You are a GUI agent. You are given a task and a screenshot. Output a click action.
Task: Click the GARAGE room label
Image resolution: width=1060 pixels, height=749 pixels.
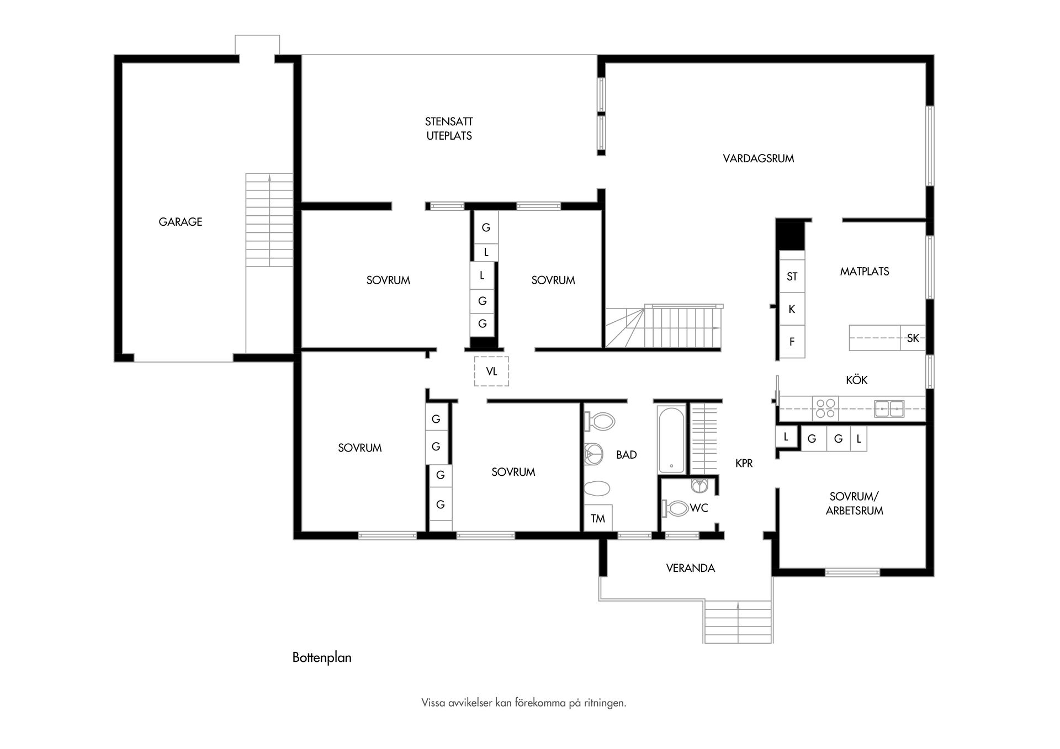[x=180, y=222]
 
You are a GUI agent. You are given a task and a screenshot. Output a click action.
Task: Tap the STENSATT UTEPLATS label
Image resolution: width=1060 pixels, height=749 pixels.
[x=449, y=129]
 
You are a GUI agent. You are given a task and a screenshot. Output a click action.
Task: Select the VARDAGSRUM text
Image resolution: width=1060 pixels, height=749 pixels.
[x=758, y=159]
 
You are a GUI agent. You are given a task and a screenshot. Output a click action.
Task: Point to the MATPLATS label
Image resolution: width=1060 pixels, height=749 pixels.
[x=864, y=272]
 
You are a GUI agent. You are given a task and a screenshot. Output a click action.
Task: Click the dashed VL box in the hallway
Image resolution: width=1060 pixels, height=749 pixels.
[x=491, y=371]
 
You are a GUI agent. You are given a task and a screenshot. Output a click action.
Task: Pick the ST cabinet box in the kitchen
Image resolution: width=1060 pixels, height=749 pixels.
[x=792, y=277]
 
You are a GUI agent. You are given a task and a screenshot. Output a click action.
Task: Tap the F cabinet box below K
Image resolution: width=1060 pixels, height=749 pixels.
[x=792, y=342]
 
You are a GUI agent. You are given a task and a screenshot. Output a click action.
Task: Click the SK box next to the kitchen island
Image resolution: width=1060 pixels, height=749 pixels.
[x=913, y=338]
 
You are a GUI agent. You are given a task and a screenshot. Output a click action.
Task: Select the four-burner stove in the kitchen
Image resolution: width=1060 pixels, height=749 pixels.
[x=825, y=408]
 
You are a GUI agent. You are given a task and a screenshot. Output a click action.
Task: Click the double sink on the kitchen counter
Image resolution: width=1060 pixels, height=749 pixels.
[x=889, y=408]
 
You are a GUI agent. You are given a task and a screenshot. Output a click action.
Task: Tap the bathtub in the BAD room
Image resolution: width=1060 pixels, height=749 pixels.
[x=671, y=440]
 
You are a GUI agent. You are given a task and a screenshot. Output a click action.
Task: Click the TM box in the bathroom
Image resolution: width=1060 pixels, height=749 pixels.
[x=598, y=518]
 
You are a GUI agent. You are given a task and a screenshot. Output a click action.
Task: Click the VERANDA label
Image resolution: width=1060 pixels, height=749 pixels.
[x=690, y=568]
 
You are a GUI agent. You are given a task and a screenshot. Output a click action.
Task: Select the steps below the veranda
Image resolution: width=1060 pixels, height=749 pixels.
[x=738, y=621]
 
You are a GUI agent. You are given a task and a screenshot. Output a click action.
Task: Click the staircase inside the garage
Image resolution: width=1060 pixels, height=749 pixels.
[x=269, y=220]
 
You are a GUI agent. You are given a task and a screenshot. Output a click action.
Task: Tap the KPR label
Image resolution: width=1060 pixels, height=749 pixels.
[x=744, y=464]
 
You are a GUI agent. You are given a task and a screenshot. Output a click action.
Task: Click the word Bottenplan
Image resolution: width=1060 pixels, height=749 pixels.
[x=322, y=657]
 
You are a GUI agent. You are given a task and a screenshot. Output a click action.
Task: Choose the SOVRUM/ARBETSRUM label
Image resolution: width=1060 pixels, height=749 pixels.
[x=854, y=504]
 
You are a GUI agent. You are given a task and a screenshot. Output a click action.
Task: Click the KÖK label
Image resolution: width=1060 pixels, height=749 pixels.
[x=856, y=380]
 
